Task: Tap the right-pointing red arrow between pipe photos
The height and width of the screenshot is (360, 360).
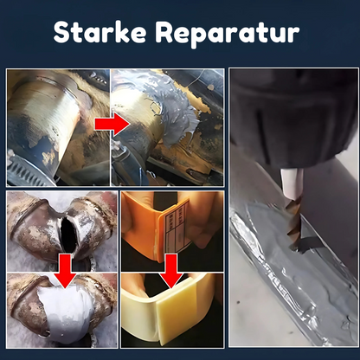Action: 111,125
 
